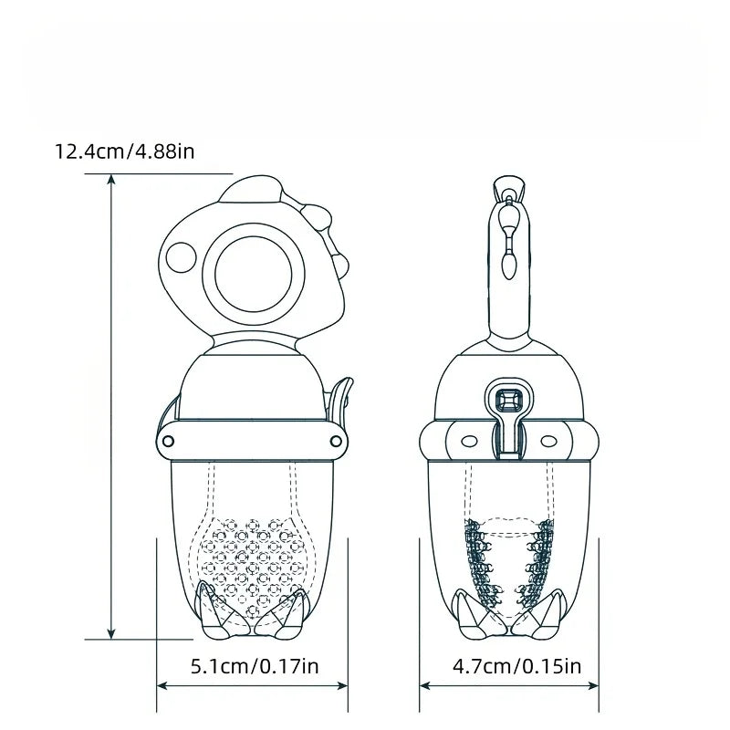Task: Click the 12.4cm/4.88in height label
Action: click(x=125, y=151)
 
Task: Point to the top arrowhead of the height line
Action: click(x=111, y=180)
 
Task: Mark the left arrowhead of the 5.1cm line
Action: click(x=162, y=685)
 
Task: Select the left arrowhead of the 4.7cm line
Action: click(x=425, y=685)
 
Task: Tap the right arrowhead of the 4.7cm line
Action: click(x=594, y=685)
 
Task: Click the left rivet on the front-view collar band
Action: click(x=169, y=442)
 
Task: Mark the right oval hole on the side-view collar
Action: click(x=549, y=443)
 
